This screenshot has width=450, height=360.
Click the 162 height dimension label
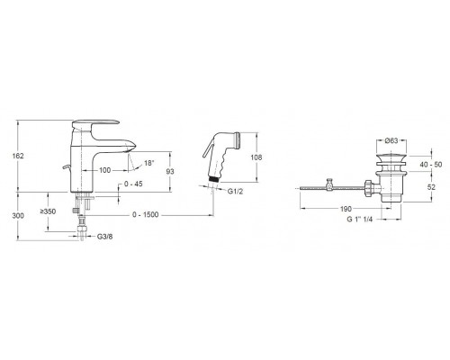click(18, 156)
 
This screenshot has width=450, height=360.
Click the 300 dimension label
click(18, 216)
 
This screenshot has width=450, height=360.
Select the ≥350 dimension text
click(48, 211)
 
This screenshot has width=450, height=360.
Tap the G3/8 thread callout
click(105, 237)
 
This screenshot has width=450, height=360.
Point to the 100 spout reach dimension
click(104, 170)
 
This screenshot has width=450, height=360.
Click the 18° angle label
click(149, 163)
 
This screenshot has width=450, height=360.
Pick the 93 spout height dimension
click(170, 172)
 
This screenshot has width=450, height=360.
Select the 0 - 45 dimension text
click(133, 184)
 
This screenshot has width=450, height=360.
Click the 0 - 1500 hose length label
click(145, 215)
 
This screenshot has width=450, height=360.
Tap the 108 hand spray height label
click(256, 157)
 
